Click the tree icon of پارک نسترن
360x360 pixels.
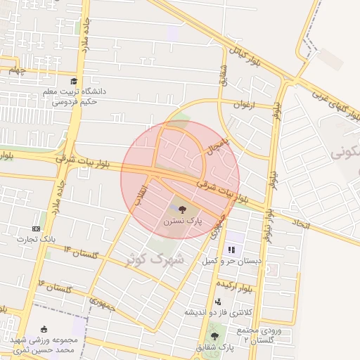(182, 209)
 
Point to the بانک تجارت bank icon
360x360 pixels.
(37, 229)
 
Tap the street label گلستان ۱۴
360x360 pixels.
(78, 251)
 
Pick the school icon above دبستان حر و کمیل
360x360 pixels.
(231, 250)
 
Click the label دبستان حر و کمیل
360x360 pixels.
(231, 261)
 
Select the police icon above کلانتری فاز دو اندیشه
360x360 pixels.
(218, 302)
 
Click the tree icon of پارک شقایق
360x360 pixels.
(214, 337)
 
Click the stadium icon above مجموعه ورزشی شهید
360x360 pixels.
(44, 329)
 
